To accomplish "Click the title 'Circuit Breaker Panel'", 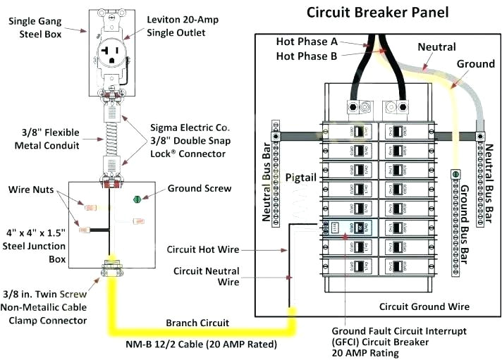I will click(377, 13).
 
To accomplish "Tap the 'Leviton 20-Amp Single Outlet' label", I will click(180, 26).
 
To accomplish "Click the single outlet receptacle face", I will click(111, 49).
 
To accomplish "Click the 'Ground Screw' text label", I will click(199, 189).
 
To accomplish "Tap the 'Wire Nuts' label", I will click(32, 190).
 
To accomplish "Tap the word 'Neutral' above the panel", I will click(436, 46).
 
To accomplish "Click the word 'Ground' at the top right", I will click(475, 64).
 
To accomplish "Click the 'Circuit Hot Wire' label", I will click(204, 249).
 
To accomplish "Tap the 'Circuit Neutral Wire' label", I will click(206, 277).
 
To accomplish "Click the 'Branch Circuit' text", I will click(197, 323).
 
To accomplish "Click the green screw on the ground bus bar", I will click(455, 173).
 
